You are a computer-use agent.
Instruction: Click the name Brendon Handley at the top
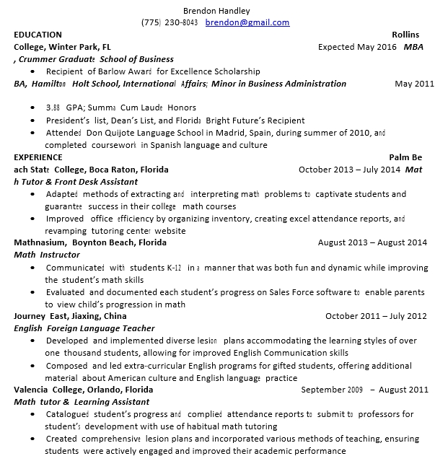[216, 11]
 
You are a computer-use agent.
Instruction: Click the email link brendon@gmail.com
[247, 22]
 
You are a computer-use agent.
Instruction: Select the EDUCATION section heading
[38, 35]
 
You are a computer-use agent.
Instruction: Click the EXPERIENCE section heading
[38, 157]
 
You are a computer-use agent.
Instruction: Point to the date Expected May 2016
[357, 47]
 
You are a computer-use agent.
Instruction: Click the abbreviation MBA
[413, 47]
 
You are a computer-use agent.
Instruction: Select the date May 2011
[414, 84]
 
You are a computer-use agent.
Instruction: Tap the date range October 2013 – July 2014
[348, 170]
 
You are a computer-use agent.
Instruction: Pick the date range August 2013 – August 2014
[372, 242]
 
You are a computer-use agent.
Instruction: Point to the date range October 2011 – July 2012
[376, 316]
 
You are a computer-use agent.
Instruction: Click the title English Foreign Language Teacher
[84, 328]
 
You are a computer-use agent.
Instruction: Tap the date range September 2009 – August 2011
[364, 390]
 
